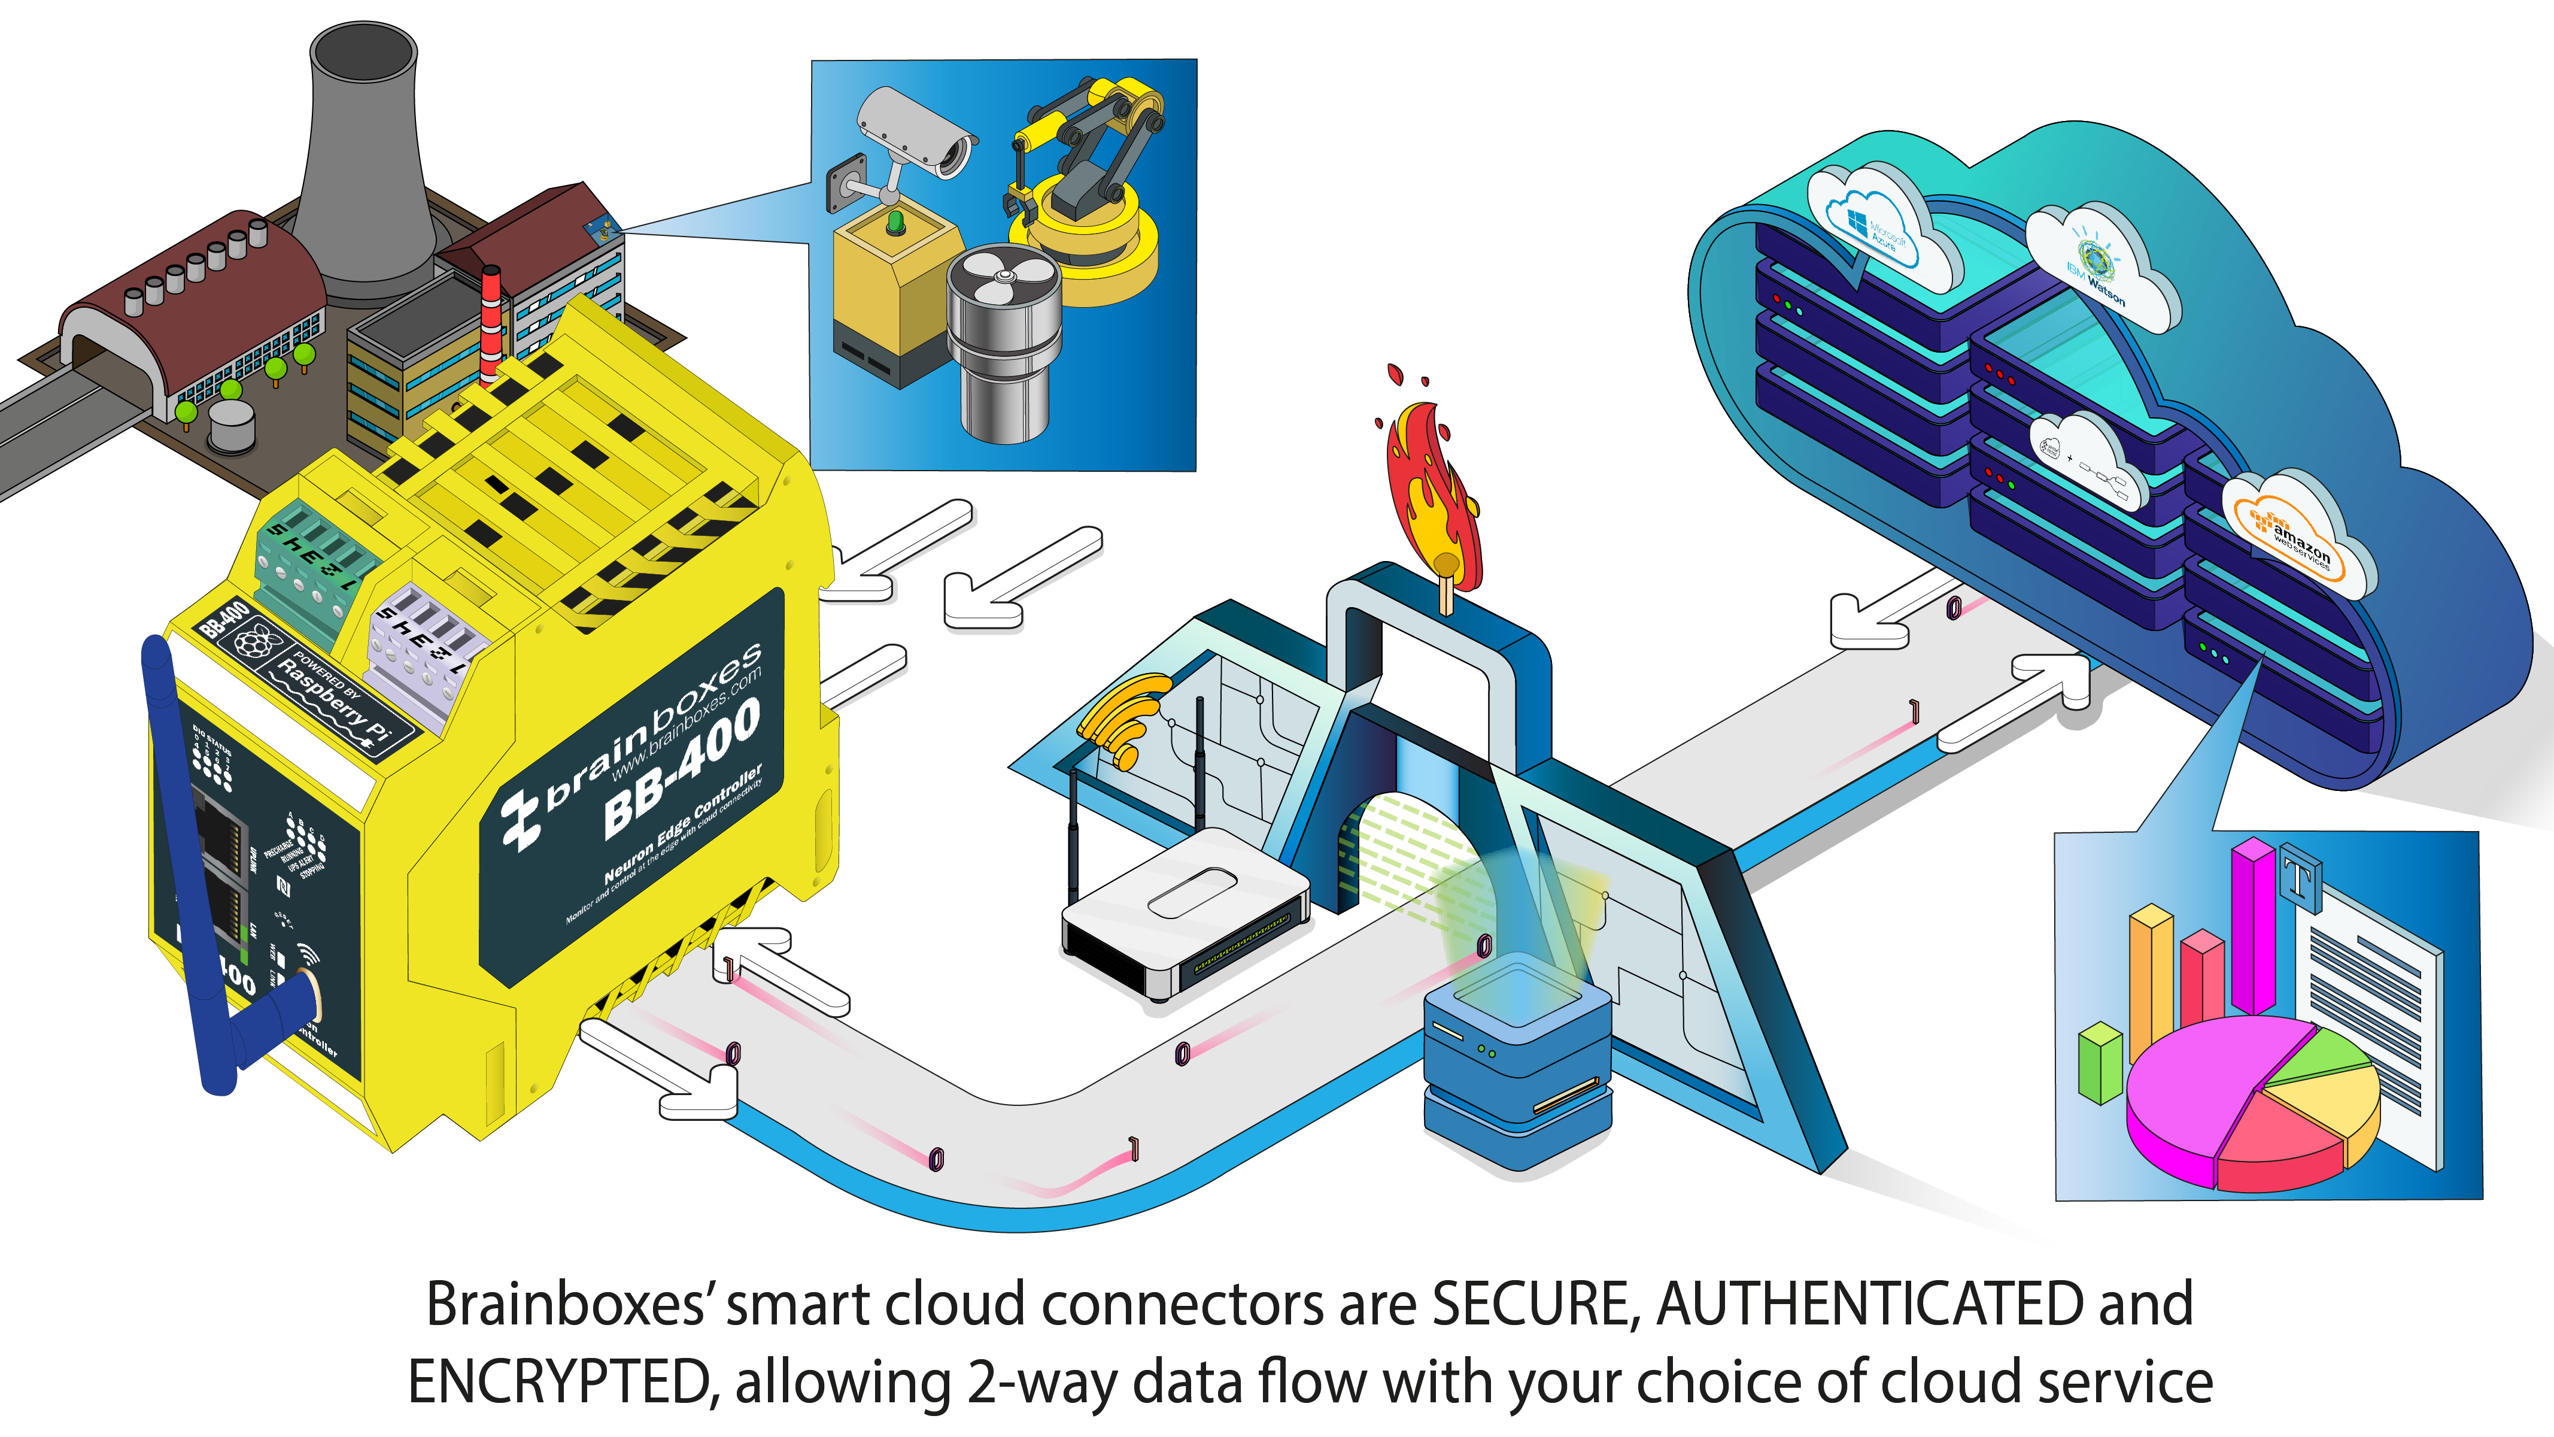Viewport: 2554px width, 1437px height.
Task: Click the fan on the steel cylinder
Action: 1001,278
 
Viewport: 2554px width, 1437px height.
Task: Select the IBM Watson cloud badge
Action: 2097,268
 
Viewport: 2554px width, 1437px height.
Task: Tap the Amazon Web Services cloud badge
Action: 2295,535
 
